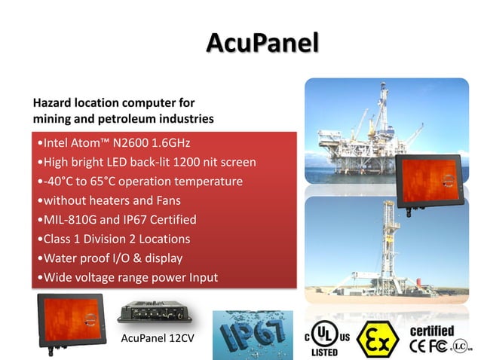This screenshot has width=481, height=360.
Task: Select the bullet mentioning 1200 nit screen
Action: click(x=147, y=162)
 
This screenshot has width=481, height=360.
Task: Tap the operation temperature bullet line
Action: click(x=139, y=182)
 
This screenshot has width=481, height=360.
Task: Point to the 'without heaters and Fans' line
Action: click(x=112, y=200)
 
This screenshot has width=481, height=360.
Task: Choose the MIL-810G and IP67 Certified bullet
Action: click(x=117, y=220)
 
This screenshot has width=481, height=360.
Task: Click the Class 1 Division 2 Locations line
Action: click(x=113, y=239)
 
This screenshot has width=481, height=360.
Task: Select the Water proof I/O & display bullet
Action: click(x=109, y=258)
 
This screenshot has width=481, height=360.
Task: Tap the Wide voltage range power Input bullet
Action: click(x=127, y=278)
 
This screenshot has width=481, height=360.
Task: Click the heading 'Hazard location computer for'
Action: click(x=114, y=102)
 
